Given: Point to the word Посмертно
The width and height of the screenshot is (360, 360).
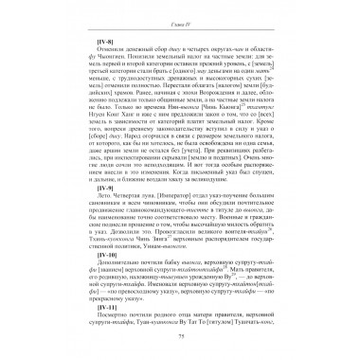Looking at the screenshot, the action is [x=110, y=315].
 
